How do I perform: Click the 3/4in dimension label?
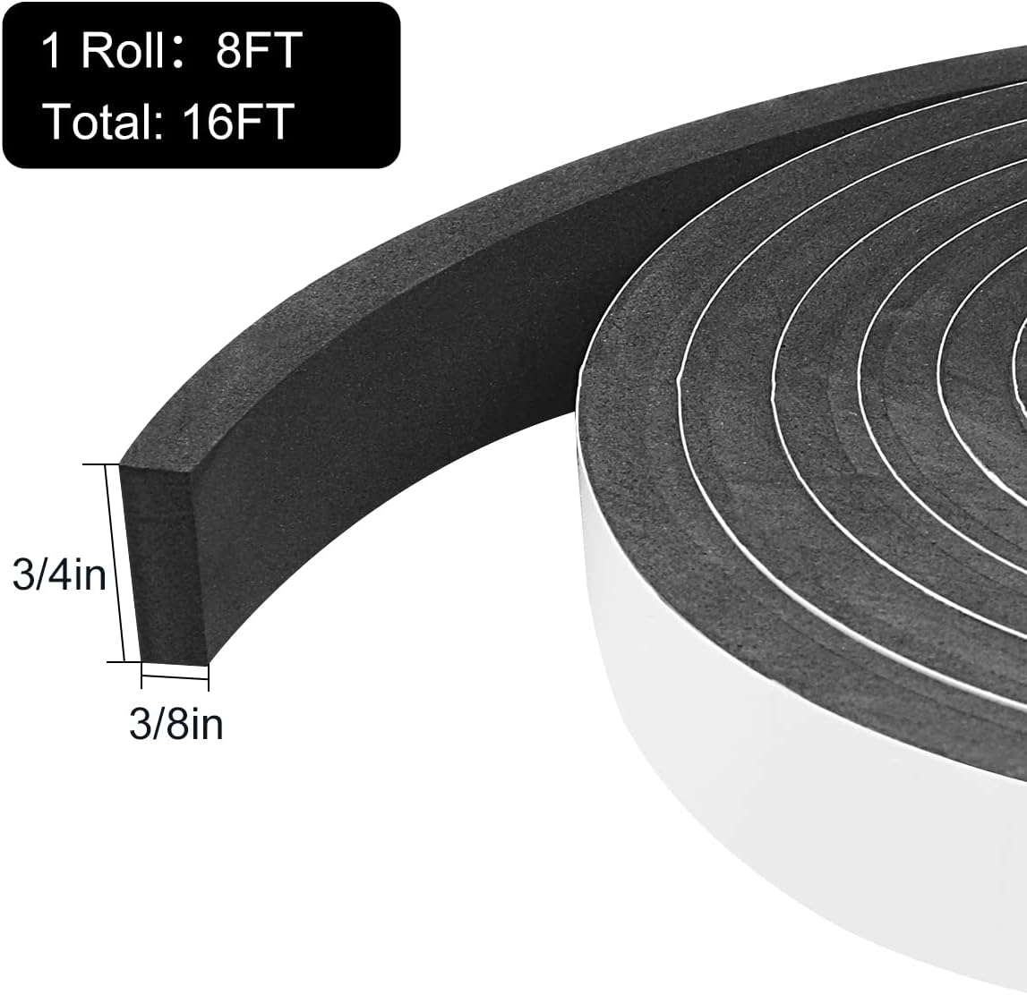click(x=59, y=574)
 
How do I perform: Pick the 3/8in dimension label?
click(x=175, y=723)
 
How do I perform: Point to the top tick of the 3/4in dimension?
click(x=112, y=464)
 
